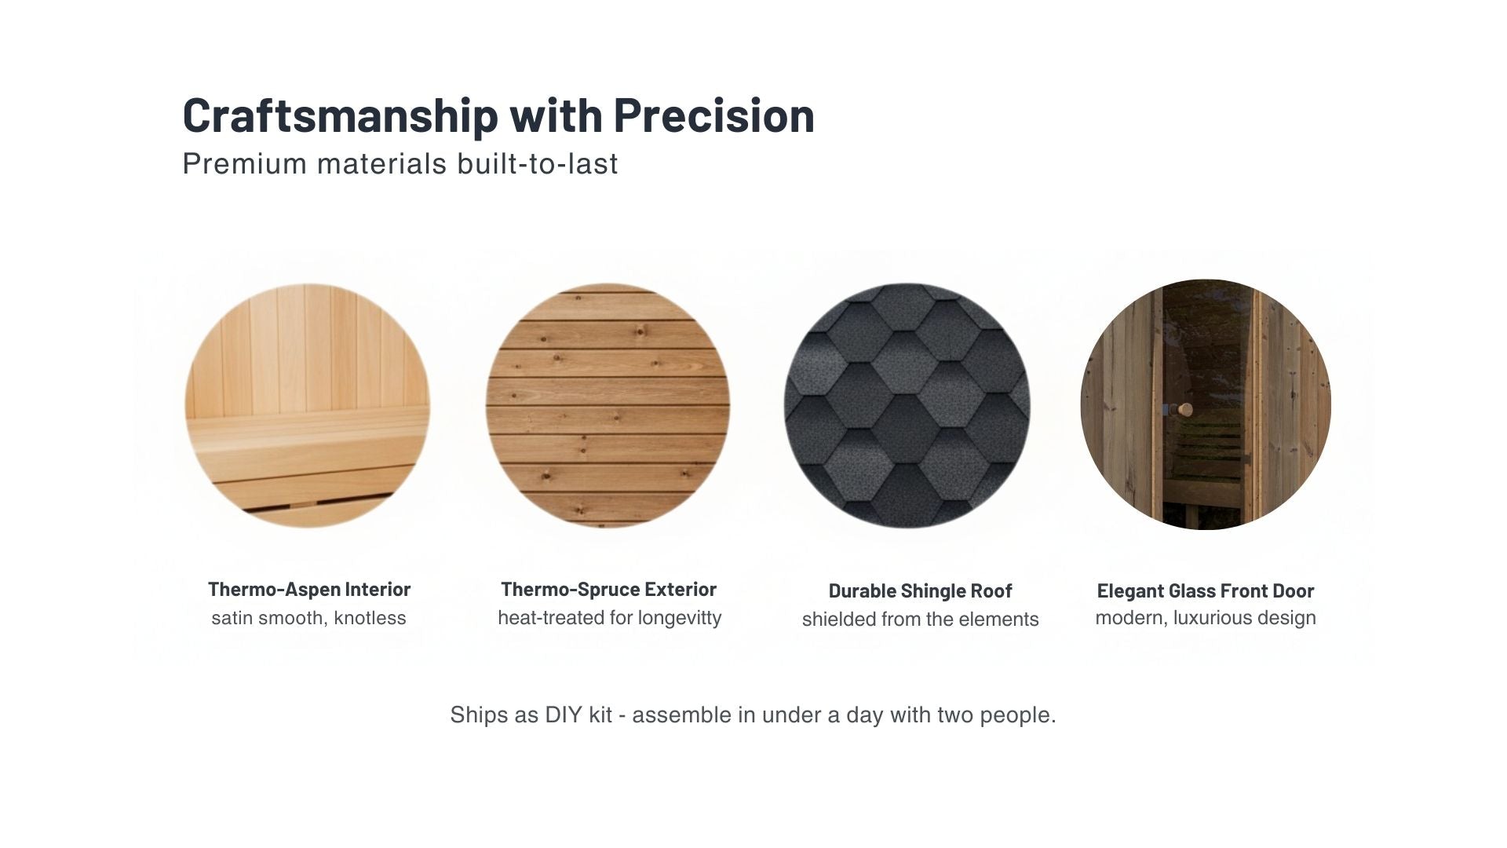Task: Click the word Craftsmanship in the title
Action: coord(340,115)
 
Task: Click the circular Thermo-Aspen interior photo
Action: coord(308,405)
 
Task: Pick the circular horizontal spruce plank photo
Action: coord(608,405)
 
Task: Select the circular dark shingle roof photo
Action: coord(907,405)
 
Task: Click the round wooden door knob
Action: coord(1185,409)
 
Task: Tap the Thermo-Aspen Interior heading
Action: coord(309,589)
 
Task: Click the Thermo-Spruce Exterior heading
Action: coord(608,589)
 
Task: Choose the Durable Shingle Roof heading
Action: coord(920,590)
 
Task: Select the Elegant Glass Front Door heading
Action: coord(1205,590)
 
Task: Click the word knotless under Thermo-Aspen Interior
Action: coord(370,618)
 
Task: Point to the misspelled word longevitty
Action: coord(680,618)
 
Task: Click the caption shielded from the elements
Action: coord(920,620)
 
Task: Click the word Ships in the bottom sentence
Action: coord(472,715)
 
